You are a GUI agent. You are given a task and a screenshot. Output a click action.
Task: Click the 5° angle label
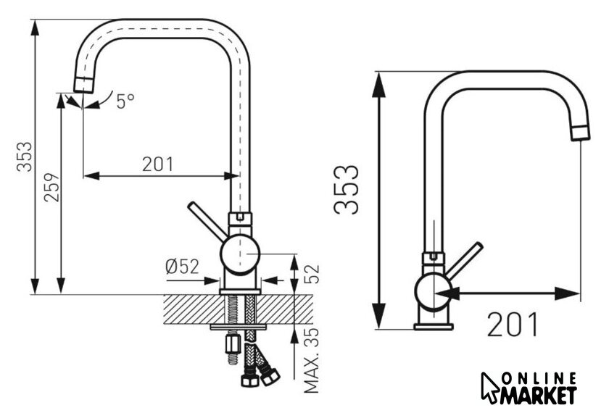pos(124,101)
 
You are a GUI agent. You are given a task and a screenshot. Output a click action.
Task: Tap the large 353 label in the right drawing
pos(347,189)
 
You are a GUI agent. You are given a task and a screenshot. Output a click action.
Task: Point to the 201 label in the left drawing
pos(158,164)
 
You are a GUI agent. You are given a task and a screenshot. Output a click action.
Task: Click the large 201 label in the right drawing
pos(513,325)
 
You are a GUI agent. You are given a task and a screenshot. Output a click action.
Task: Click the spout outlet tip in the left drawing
pos(84,83)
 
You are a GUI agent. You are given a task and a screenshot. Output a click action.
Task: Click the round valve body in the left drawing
pos(239,255)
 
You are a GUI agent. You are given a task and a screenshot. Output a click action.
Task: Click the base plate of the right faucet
pos(433,326)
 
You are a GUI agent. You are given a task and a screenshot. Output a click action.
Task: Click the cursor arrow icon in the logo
pos(490,388)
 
